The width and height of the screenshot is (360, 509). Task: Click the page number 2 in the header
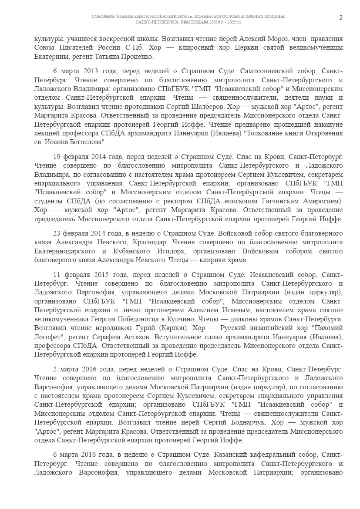coord(341,17)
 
